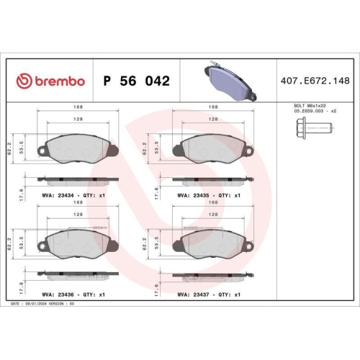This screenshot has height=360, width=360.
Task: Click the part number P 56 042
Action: [137, 81]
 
